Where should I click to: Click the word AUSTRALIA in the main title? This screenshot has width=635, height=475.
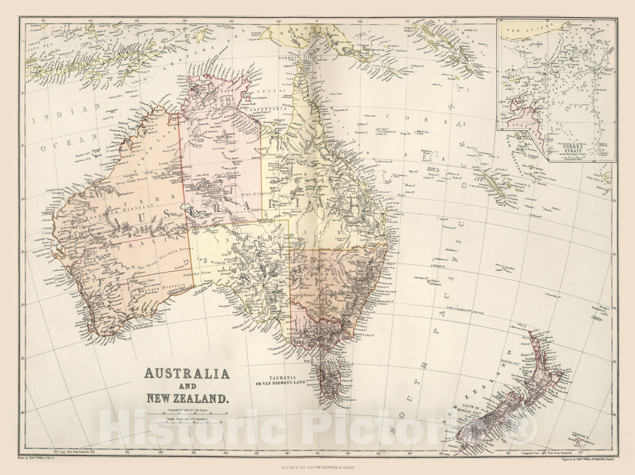click(183, 373)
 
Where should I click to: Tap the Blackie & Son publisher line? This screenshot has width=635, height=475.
click(317, 468)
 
